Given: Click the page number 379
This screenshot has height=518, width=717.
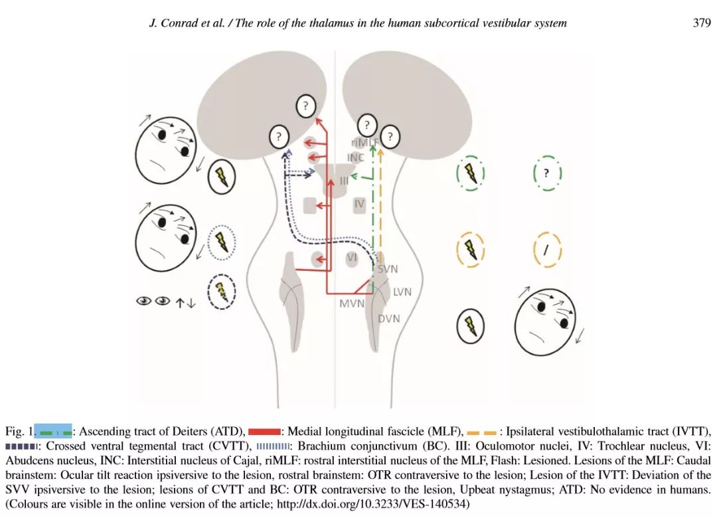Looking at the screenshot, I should click(x=702, y=23).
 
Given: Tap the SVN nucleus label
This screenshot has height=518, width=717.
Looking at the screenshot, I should click(x=388, y=269).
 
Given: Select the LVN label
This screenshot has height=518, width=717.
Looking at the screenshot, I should click(x=402, y=292).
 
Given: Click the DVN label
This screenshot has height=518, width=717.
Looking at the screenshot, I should click(x=389, y=319).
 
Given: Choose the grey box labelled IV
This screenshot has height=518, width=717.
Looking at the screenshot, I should click(x=359, y=204).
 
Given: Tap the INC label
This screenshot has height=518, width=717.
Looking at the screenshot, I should click(x=356, y=158).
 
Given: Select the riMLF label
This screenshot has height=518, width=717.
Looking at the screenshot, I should click(x=364, y=143).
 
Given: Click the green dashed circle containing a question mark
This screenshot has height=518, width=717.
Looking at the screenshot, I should click(x=547, y=173).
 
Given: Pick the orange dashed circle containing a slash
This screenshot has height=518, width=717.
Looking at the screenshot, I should click(x=547, y=250).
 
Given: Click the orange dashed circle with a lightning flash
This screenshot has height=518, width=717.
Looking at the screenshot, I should click(x=470, y=250).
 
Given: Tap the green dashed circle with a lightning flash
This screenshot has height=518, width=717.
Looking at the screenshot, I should click(x=470, y=173).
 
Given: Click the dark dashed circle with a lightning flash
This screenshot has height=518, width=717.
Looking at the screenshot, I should click(x=222, y=292).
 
